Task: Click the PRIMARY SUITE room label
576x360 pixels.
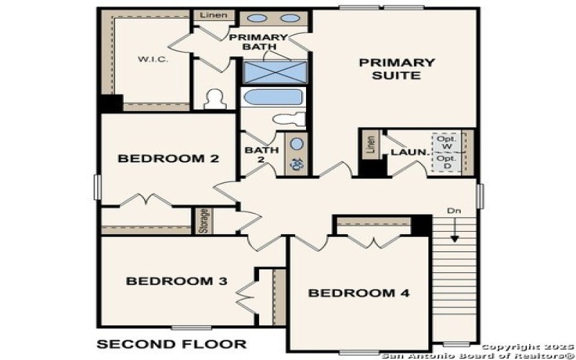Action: click(397, 68)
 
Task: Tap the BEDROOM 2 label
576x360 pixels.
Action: click(168, 158)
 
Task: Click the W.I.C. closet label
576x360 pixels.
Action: click(153, 59)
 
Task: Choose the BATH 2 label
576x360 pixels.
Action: click(257, 156)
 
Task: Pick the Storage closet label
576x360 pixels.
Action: click(203, 221)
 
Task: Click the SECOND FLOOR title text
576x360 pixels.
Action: click(171, 343)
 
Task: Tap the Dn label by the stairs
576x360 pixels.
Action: click(453, 211)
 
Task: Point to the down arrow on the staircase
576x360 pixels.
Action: click(455, 232)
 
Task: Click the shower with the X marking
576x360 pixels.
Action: click(274, 72)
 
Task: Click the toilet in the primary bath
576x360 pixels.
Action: click(215, 99)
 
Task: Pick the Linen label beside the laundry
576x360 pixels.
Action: click(370, 145)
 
